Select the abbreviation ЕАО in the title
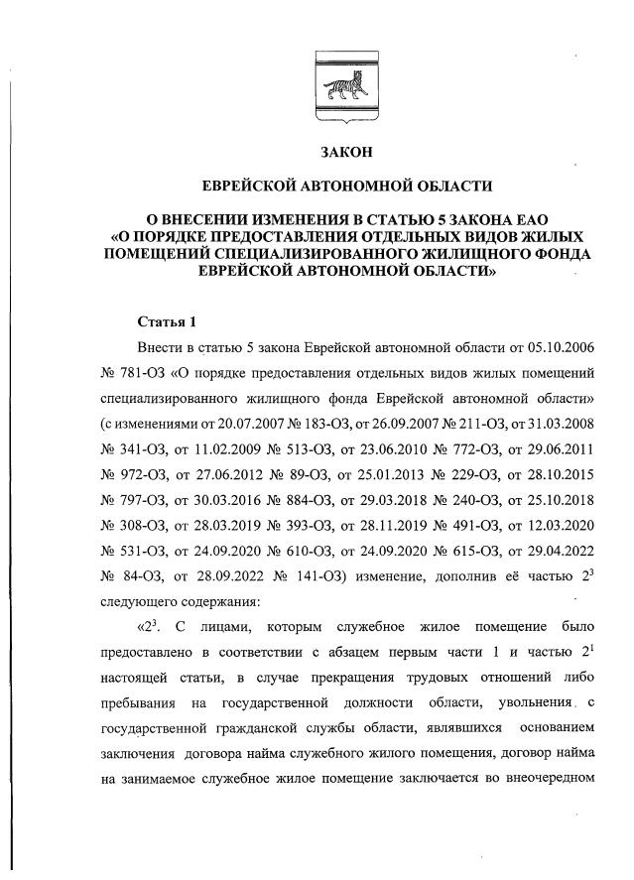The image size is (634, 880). click(x=524, y=218)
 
